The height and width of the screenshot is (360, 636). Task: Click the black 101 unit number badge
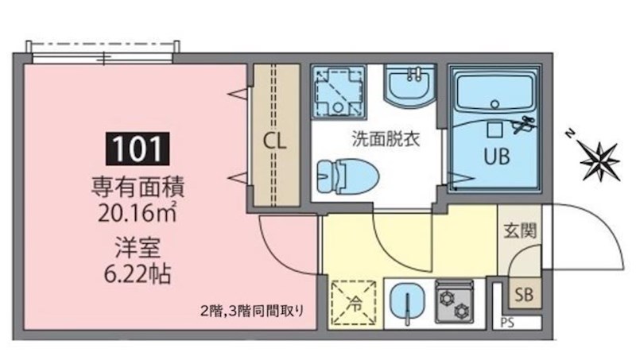[139, 148]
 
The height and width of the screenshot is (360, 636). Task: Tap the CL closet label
[275, 142]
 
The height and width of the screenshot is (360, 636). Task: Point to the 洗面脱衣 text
[386, 137]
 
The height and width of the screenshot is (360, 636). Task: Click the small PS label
[507, 323]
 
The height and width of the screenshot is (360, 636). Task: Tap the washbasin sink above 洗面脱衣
[411, 86]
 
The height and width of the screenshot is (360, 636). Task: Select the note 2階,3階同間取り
[251, 311]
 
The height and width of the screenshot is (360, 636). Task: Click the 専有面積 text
[139, 189]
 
